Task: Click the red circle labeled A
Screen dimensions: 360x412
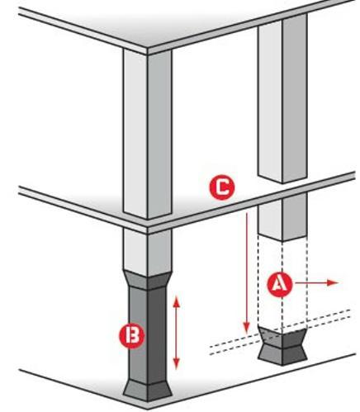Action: [x=280, y=285]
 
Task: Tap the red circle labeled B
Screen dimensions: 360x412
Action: [x=131, y=336]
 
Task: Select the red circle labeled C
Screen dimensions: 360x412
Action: [x=222, y=187]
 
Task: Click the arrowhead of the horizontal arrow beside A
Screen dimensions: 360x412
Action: [x=333, y=282]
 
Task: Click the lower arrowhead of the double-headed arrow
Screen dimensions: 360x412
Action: [x=177, y=364]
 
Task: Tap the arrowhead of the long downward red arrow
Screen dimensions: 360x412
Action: [x=247, y=329]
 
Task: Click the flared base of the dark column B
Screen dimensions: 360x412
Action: [x=148, y=391]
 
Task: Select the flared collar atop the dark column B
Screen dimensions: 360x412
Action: [x=148, y=279]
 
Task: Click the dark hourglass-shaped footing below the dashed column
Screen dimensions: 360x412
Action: [x=282, y=346]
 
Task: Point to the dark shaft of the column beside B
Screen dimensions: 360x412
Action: [x=148, y=335]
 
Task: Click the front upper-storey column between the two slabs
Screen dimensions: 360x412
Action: [x=148, y=135]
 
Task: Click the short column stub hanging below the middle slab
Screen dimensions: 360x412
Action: [x=282, y=217]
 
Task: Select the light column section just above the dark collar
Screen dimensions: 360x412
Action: [x=148, y=253]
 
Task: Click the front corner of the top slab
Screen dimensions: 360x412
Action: [x=148, y=51]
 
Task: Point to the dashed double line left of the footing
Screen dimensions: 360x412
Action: [x=234, y=345]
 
